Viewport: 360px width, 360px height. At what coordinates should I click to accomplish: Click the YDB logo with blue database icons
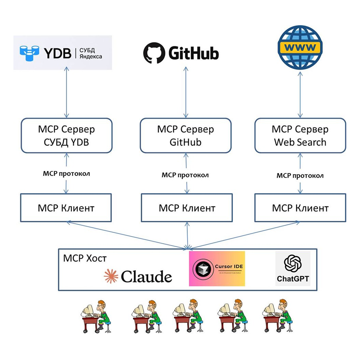point(62,53)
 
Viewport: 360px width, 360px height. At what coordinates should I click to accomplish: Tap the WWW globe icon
point(300,47)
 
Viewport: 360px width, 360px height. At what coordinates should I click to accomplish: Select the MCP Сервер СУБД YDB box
point(66,135)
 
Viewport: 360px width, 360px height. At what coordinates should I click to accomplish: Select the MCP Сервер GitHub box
point(186,135)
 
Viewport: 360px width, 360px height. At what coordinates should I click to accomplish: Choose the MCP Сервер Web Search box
point(300,135)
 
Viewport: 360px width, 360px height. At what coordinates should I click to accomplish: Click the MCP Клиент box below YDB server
point(66,208)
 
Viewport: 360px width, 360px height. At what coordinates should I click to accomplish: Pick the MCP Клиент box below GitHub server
point(187,208)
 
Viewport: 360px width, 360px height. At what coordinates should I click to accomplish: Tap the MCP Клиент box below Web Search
point(300,208)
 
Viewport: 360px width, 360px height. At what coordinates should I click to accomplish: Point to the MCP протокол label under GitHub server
point(185,175)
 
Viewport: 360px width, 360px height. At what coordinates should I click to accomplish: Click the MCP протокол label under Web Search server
point(300,176)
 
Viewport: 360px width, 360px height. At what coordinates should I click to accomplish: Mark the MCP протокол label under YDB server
point(66,173)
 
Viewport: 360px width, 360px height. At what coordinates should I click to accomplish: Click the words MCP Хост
point(85,258)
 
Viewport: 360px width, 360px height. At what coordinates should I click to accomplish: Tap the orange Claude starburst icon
point(111,276)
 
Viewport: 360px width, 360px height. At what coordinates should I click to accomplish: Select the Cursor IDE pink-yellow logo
point(217,269)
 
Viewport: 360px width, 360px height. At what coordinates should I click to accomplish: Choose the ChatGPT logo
point(293,269)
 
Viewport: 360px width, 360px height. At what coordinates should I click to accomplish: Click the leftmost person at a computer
point(96,316)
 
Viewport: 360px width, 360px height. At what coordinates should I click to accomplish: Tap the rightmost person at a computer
point(278,316)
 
